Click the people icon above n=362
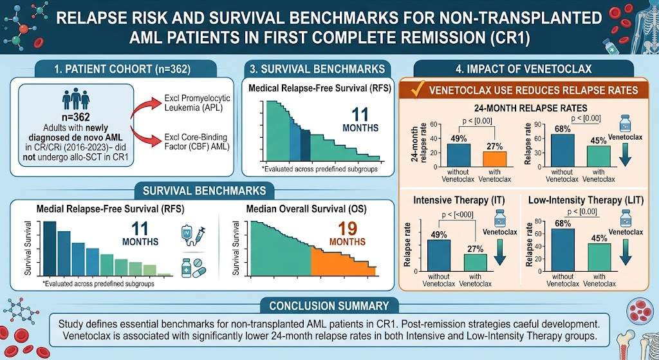(x=76, y=99)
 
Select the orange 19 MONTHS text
(x=347, y=233)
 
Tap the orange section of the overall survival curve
(x=343, y=261)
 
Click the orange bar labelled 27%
(x=495, y=159)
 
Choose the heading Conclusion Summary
(x=329, y=306)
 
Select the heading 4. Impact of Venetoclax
(x=524, y=68)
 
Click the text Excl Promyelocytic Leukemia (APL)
(x=197, y=103)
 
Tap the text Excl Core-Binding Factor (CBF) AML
(x=197, y=142)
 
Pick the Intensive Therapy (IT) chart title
(x=458, y=200)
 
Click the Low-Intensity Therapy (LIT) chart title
(x=586, y=200)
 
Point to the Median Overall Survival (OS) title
(x=306, y=209)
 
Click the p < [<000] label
(x=458, y=214)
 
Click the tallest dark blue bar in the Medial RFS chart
(x=50, y=248)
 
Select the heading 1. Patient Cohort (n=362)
(x=122, y=70)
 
